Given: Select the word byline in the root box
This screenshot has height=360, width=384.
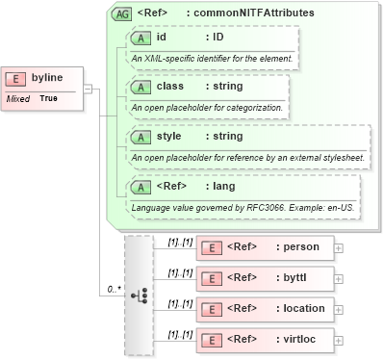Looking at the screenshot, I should click(47, 78).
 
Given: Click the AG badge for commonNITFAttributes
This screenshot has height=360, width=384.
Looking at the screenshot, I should click(122, 13).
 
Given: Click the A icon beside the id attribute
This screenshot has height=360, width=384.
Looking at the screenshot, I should click(141, 38).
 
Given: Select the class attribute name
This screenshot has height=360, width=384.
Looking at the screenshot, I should click(170, 87).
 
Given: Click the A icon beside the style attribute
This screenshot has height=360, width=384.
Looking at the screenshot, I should click(141, 137).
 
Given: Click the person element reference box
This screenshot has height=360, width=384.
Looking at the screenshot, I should click(265, 247).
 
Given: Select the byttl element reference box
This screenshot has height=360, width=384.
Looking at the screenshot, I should click(265, 278).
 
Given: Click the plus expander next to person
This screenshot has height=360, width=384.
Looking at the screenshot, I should click(338, 247).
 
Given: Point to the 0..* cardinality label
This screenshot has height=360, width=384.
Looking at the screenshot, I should click(113, 288).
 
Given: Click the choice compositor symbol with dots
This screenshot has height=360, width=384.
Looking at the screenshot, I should click(139, 295).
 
